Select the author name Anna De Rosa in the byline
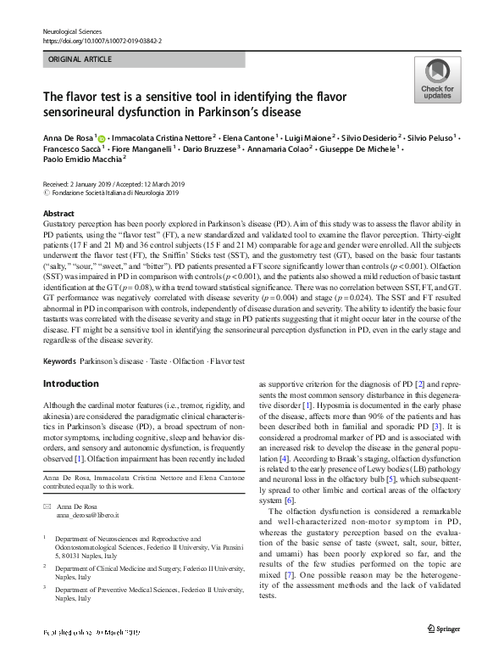(x=68, y=137)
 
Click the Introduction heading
(x=70, y=383)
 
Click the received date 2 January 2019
(x=93, y=184)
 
